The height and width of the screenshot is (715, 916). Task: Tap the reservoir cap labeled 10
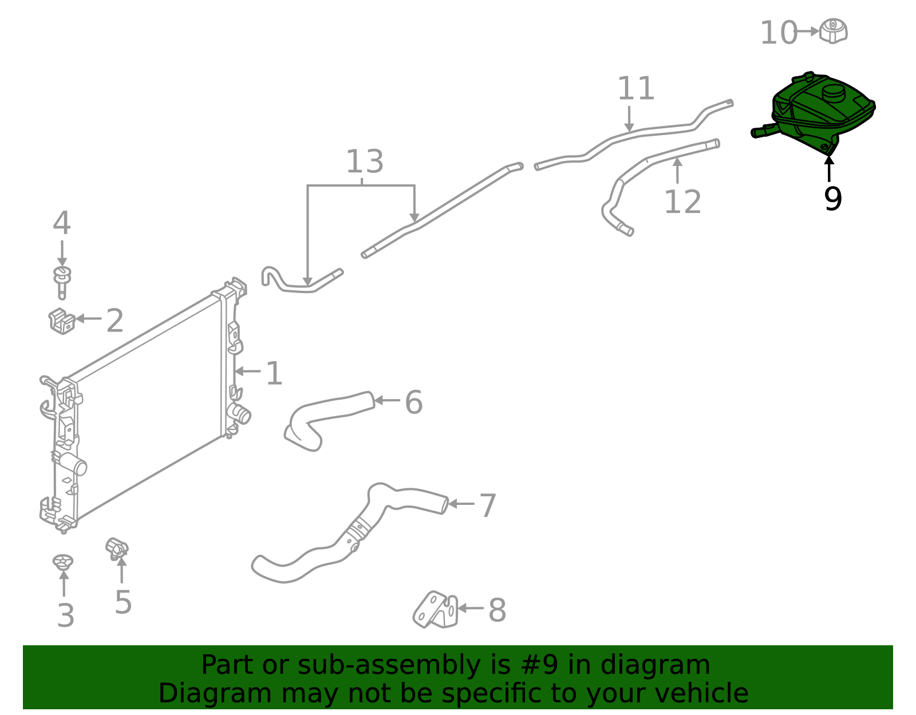(834, 31)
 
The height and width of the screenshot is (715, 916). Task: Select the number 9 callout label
(832, 199)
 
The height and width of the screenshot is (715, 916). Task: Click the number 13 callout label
(365, 161)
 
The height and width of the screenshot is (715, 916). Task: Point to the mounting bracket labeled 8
(436, 610)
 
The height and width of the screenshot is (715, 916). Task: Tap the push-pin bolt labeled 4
(62, 282)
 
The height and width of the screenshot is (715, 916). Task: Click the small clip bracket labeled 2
(62, 321)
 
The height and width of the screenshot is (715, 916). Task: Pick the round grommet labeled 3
(63, 562)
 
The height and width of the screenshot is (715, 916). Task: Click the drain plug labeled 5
(117, 548)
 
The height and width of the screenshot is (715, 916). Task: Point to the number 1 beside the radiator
(274, 373)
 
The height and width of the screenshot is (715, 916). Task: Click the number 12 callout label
(682, 202)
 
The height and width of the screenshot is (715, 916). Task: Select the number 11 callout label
(635, 89)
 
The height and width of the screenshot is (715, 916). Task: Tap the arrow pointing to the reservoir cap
(807, 31)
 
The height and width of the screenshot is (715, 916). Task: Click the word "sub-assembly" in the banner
(389, 665)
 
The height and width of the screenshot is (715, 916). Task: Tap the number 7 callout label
(488, 505)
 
